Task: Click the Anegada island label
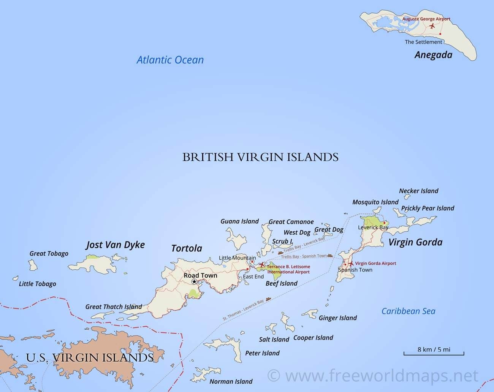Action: (x=433, y=55)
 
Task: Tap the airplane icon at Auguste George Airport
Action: (x=432, y=26)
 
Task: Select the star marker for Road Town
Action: (x=194, y=281)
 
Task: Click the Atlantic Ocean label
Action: (x=170, y=60)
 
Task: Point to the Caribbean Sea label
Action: (x=408, y=311)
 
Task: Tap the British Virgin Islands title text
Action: (x=260, y=157)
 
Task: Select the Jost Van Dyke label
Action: (x=116, y=245)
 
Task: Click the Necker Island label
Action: (x=418, y=191)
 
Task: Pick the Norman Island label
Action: (x=231, y=381)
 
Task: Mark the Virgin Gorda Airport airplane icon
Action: (x=351, y=263)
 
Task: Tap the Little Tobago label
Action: (x=37, y=284)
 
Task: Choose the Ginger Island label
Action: (x=337, y=318)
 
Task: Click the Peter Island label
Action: (x=262, y=353)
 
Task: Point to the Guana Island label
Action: (x=239, y=221)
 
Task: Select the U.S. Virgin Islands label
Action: (x=90, y=357)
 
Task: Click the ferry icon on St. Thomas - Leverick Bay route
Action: (x=268, y=299)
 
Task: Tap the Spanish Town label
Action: (x=355, y=270)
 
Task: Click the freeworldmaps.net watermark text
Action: (x=372, y=376)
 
